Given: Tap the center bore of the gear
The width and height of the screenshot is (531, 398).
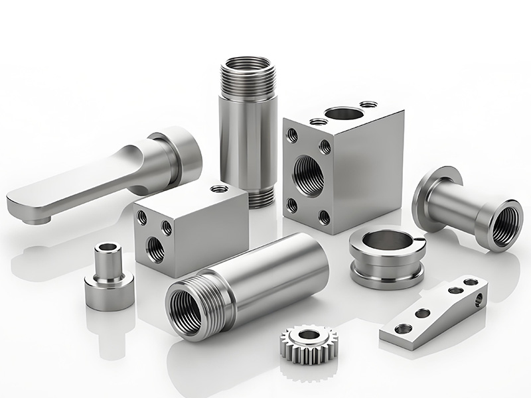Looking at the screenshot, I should tap(307, 336).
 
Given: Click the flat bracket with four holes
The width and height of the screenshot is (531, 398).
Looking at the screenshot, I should tap(435, 312).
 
